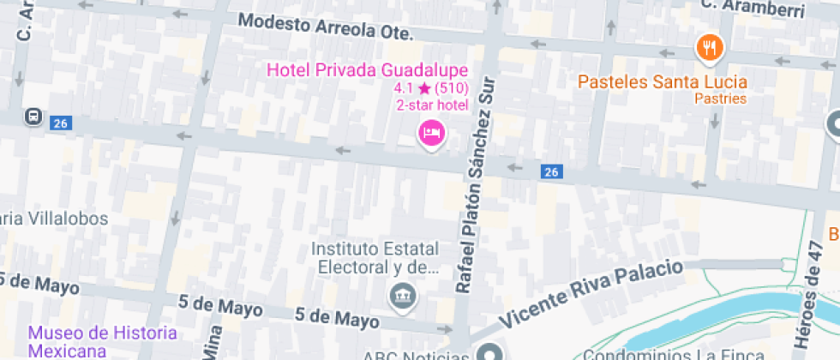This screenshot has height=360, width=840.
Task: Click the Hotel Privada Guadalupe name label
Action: pyautogui.click(x=368, y=69)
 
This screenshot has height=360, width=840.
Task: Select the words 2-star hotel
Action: pyautogui.click(x=432, y=105)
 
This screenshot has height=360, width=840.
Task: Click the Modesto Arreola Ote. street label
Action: pyautogui.click(x=326, y=27)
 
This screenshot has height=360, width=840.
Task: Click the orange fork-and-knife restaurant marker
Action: pyautogui.click(x=708, y=48)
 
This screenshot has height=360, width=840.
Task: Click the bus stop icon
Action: pyautogui.click(x=33, y=116)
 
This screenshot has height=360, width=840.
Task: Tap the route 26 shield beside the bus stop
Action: pyautogui.click(x=59, y=123)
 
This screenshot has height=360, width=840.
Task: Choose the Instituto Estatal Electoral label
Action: pyautogui.click(x=375, y=257)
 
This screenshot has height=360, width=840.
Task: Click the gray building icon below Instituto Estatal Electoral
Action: pyautogui.click(x=400, y=297)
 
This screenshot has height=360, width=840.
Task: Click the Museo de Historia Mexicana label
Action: pyautogui.click(x=102, y=341)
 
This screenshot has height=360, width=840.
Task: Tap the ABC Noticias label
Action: pyautogui.click(x=419, y=355)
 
